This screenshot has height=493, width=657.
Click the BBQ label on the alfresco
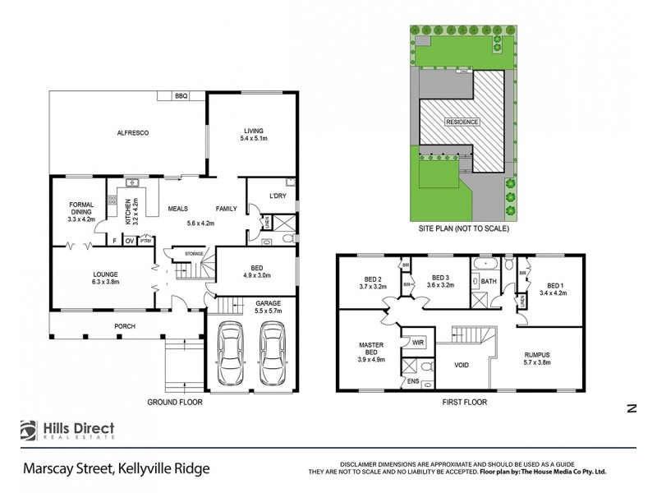point(181,96)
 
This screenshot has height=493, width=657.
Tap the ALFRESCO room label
point(131,132)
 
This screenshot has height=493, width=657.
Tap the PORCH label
point(125,326)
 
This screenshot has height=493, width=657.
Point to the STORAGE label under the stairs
point(194,253)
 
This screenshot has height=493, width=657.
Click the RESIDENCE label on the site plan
point(462,122)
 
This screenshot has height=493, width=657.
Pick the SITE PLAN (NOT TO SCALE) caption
point(463,229)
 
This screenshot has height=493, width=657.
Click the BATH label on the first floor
point(489,281)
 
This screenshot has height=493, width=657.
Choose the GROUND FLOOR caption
point(174,403)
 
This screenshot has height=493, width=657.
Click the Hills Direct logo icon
point(30,431)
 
